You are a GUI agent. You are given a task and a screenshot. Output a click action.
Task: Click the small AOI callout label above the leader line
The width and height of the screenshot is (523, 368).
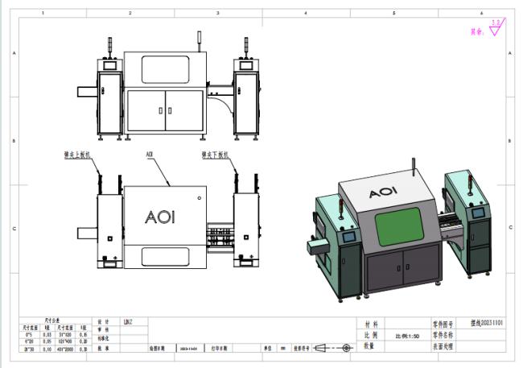tap(149, 153)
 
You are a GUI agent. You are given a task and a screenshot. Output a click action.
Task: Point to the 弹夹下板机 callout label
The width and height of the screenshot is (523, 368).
tap(215, 153)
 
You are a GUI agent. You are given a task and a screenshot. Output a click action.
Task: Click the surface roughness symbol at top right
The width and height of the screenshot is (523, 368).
tap(494, 30)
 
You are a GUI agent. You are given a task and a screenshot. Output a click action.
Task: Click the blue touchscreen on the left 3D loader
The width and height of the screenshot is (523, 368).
tap(350, 239)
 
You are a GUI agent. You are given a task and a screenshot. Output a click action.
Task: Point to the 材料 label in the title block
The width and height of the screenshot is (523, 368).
tap(370, 324)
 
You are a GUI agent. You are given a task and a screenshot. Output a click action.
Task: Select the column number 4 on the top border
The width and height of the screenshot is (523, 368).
tap(306, 14)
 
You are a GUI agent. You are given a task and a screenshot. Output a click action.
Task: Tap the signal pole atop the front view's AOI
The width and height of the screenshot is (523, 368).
tap(198, 39)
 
